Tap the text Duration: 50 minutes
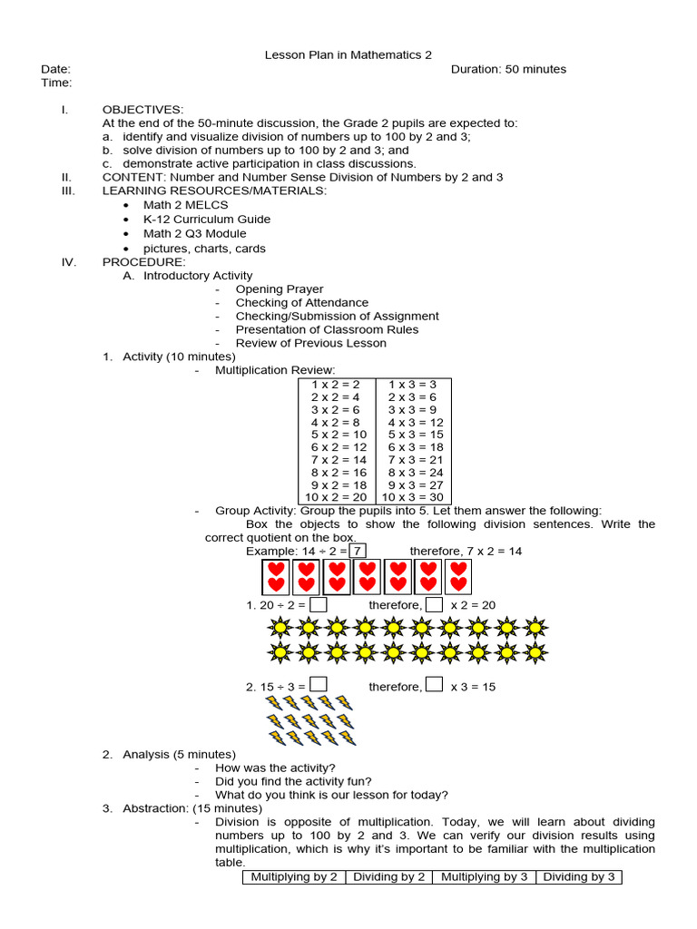click(x=508, y=69)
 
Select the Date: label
click(x=55, y=69)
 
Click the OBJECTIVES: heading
click(x=142, y=110)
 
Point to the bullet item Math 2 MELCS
click(x=185, y=205)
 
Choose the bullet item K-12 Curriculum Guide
click(x=206, y=220)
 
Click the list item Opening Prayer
click(x=279, y=289)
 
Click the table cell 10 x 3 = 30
click(x=413, y=497)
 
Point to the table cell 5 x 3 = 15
click(x=415, y=435)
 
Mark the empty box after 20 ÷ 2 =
click(x=318, y=604)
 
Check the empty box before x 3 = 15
click(x=435, y=686)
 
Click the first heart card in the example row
click(x=276, y=577)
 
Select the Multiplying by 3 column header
click(x=484, y=876)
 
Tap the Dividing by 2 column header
click(x=389, y=876)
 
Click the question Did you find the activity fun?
click(x=293, y=781)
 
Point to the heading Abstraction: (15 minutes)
click(x=192, y=808)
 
